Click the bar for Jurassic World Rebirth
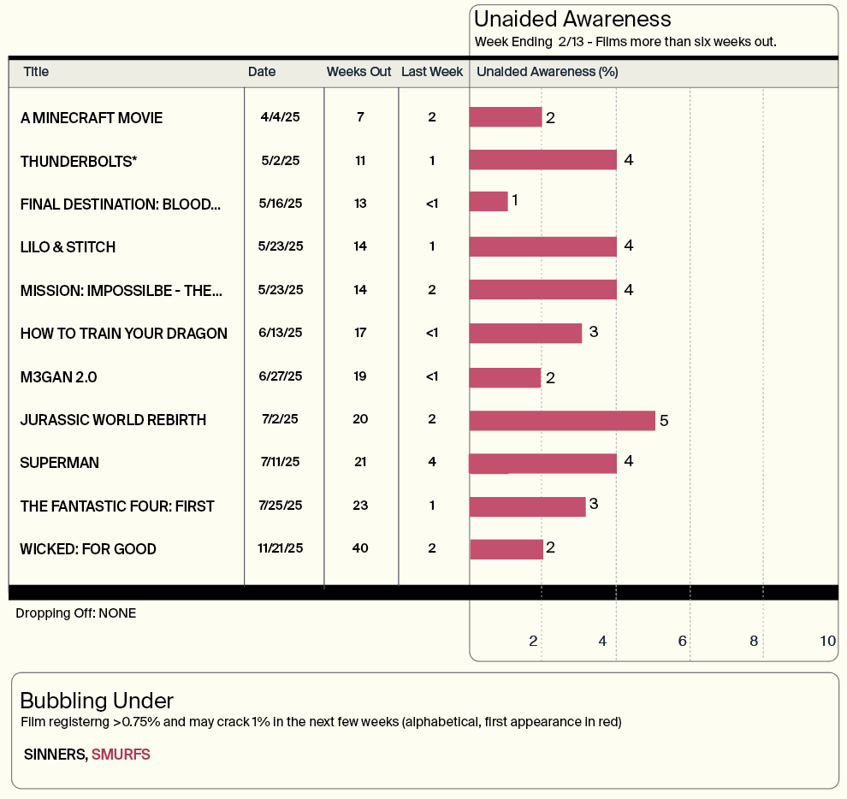[562, 421]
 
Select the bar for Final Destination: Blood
[489, 202]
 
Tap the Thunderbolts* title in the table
[79, 162]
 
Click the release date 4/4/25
[280, 117]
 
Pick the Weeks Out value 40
[360, 548]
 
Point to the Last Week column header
[432, 72]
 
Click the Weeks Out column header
[358, 72]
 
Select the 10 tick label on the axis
[827, 641]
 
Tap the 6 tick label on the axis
[682, 641]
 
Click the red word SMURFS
[121, 755]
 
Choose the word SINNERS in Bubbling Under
[55, 755]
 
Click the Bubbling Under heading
[97, 701]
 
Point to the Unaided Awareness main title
[572, 20]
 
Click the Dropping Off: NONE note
[75, 613]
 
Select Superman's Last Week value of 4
[432, 462]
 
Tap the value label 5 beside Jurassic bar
[664, 421]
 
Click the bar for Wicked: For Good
[506, 549]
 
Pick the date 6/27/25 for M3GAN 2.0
[281, 376]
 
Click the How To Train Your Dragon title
[124, 334]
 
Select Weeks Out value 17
[360, 333]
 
